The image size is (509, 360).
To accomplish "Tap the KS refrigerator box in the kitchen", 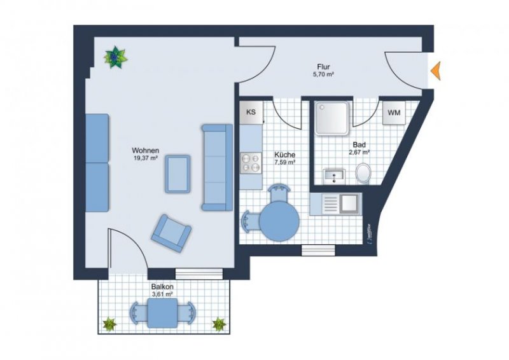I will [251, 113].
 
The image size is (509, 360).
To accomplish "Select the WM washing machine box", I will [394, 113].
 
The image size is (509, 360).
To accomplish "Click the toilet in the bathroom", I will [364, 173].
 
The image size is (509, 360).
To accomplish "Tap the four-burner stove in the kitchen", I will [251, 163].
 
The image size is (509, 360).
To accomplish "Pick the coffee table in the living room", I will [178, 173].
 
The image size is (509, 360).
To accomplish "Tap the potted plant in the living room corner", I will [115, 57].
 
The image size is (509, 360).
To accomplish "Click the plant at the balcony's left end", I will [109, 324].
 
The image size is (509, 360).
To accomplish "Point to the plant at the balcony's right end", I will [219, 324].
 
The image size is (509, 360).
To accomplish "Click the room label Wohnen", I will [145, 151].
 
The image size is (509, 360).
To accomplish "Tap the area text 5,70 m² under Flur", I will [323, 74].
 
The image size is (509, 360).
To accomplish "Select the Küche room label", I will [284, 155].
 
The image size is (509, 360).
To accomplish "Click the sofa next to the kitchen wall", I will [216, 167].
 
